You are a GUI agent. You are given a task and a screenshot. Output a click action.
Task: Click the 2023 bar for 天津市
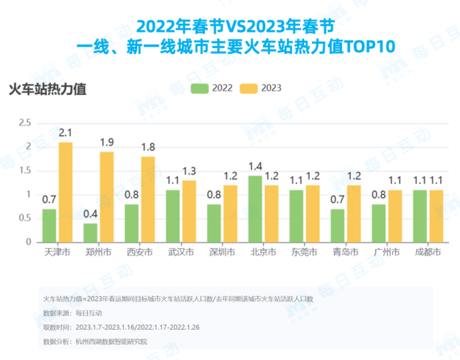pos(65,192)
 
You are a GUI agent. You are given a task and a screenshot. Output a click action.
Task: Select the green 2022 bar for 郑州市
pos(91,233)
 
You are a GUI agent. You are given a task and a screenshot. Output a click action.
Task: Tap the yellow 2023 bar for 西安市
pos(148,199)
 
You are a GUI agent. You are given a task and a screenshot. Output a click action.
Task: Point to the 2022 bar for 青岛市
pos(338,226)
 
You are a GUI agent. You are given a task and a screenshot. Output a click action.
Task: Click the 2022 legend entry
pos(211,88)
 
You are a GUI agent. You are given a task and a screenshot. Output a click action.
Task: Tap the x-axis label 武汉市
pos(179,254)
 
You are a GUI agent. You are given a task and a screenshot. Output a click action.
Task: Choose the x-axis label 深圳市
pos(221,254)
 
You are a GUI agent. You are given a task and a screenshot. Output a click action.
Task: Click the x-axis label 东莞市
pos(303,254)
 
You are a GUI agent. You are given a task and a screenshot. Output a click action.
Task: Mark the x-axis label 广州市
pos(386,254)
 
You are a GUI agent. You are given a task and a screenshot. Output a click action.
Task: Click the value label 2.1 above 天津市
pos(65,133)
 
